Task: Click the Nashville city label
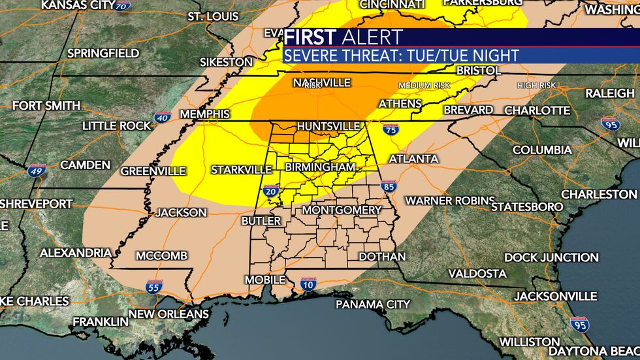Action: click(322, 83)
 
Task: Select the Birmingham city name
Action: click(320, 167)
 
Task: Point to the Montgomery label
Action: click(342, 210)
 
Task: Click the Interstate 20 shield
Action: click(271, 191)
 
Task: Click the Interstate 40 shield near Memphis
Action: click(163, 118)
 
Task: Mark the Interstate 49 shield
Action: click(37, 171)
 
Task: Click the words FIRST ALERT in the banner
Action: click(344, 37)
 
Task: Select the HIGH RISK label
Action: click(536, 86)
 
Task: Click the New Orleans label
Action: click(168, 314)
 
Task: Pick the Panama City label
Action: click(373, 304)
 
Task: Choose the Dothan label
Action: click(382, 257)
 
